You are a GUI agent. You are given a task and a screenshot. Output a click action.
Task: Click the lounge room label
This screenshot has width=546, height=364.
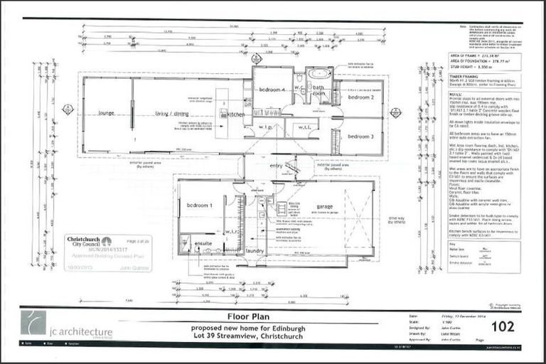(107, 113)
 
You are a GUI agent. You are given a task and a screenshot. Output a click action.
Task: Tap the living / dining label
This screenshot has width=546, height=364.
(171, 113)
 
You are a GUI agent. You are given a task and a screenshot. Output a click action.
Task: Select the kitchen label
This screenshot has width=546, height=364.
(236, 114)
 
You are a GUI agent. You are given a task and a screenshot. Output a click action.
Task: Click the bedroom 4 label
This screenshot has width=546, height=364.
(272, 90)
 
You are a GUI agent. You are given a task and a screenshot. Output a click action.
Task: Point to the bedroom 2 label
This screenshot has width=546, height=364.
(360, 97)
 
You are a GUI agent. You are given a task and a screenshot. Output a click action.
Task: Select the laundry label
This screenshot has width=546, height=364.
(255, 251)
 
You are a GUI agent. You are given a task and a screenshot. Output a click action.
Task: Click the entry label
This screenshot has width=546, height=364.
(275, 166)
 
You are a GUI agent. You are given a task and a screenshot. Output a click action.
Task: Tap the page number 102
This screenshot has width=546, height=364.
(503, 327)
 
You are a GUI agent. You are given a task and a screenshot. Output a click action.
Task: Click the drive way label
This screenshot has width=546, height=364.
(396, 220)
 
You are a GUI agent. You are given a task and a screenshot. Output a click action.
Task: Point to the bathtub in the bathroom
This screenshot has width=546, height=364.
(318, 74)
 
